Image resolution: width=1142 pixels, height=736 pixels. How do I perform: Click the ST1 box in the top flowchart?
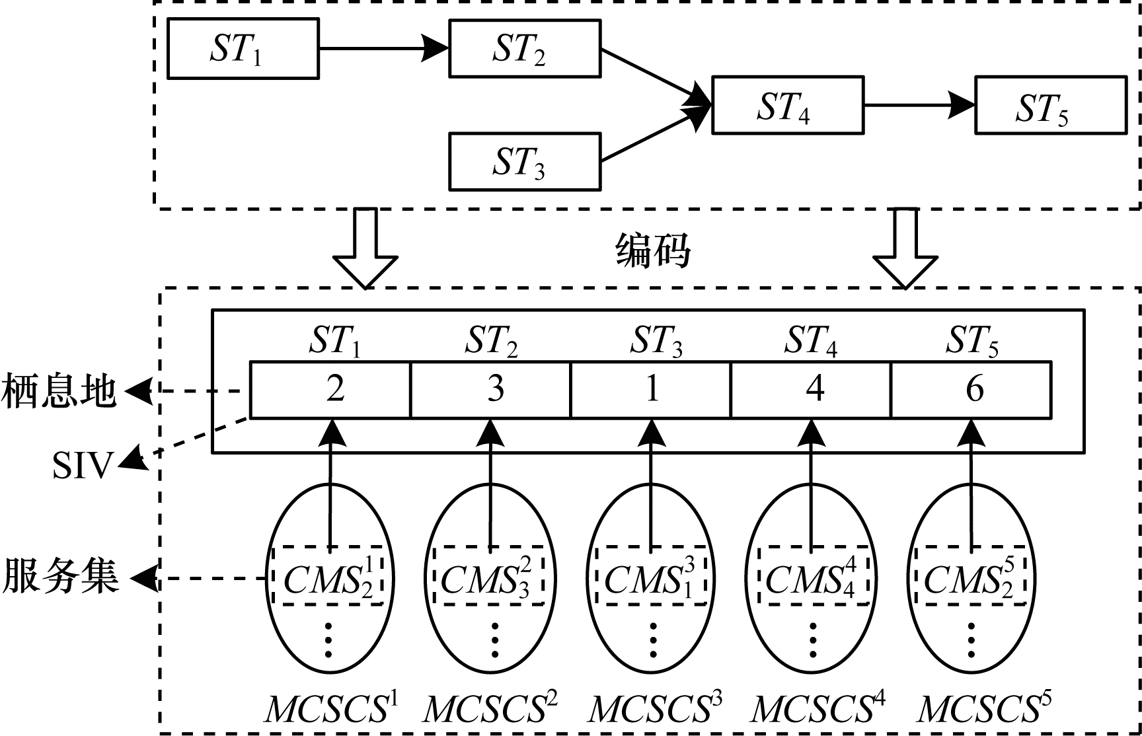243,49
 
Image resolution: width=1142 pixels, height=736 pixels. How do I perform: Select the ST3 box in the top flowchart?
525,162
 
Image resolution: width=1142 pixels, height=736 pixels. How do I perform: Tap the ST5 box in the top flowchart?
1051,106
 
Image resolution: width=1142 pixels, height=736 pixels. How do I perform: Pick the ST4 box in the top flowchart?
787,106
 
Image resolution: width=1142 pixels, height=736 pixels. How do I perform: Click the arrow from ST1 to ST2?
383,48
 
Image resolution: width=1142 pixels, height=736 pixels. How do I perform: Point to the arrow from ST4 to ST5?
919,105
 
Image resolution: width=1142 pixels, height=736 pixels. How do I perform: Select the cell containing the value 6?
971,389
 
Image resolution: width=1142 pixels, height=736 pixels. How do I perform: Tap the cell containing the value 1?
651,389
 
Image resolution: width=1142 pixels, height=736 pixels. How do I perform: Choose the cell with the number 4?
811,389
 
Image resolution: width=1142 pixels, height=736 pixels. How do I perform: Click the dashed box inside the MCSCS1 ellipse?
328,575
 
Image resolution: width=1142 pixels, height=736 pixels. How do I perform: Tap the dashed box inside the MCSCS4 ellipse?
813,575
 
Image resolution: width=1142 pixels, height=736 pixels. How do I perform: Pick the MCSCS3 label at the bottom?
655,709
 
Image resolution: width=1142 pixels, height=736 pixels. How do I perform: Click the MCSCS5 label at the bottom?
983,709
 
